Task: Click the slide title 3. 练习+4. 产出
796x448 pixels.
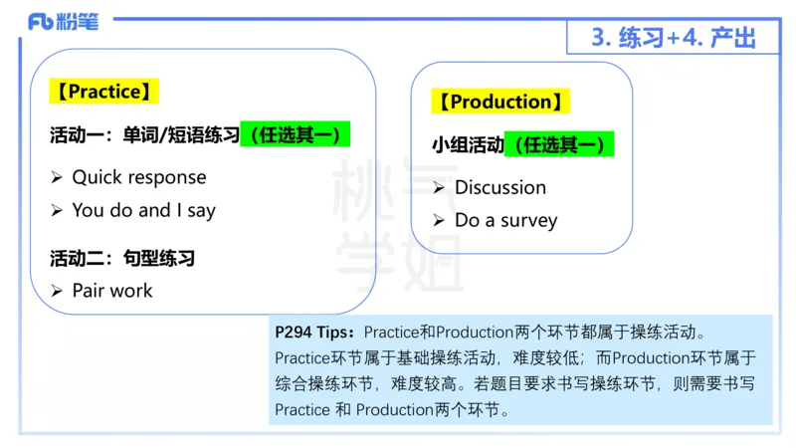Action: point(673,37)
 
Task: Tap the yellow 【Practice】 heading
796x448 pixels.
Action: point(103,92)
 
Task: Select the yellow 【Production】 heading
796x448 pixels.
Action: point(500,102)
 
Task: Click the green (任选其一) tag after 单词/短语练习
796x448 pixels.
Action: point(296,134)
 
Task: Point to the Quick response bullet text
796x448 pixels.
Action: point(139,177)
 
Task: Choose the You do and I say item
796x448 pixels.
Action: point(143,210)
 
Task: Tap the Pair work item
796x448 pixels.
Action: point(112,291)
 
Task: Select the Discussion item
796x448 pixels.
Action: point(499,187)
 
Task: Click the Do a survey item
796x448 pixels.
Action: point(505,220)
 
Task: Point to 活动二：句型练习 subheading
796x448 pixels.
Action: point(122,258)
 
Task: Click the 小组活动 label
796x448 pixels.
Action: point(468,145)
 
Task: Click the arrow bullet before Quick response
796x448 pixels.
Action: point(58,177)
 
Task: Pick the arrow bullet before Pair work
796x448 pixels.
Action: point(58,291)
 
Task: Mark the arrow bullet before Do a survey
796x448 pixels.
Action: point(439,220)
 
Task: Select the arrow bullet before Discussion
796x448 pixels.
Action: point(439,187)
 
